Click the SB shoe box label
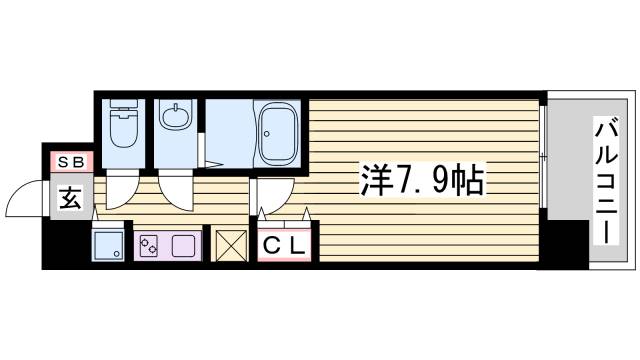point(69,161)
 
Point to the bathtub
point(278,132)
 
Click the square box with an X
point(230,244)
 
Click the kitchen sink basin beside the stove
point(184,244)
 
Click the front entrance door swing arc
point(26,200)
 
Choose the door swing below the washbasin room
point(171,190)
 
